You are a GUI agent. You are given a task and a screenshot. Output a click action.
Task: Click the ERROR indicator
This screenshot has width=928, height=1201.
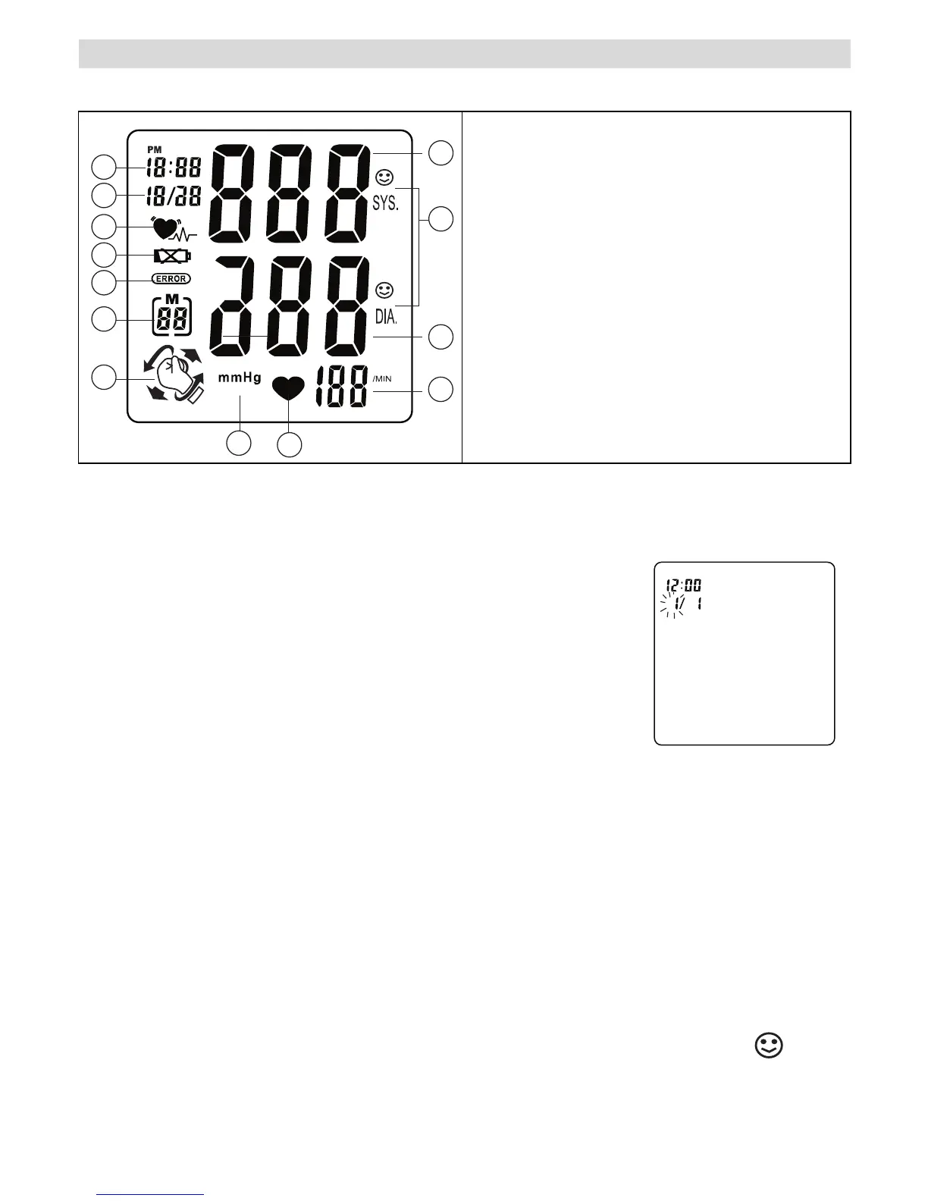(171, 278)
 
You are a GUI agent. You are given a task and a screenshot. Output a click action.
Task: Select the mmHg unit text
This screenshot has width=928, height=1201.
(240, 377)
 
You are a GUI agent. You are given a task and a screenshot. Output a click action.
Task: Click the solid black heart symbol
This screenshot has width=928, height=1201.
(289, 390)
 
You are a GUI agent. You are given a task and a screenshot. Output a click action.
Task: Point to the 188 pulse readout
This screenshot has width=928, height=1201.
(343, 388)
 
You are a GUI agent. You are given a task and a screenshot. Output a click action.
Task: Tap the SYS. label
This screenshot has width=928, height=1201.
(385, 203)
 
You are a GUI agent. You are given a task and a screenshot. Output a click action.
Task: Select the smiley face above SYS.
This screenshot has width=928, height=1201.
(385, 178)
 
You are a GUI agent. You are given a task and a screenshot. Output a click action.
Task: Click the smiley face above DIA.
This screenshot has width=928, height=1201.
(385, 290)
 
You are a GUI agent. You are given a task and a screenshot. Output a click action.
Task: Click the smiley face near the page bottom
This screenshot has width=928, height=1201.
(768, 1046)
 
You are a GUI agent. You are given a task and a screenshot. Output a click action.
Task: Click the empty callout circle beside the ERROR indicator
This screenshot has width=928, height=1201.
(103, 283)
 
